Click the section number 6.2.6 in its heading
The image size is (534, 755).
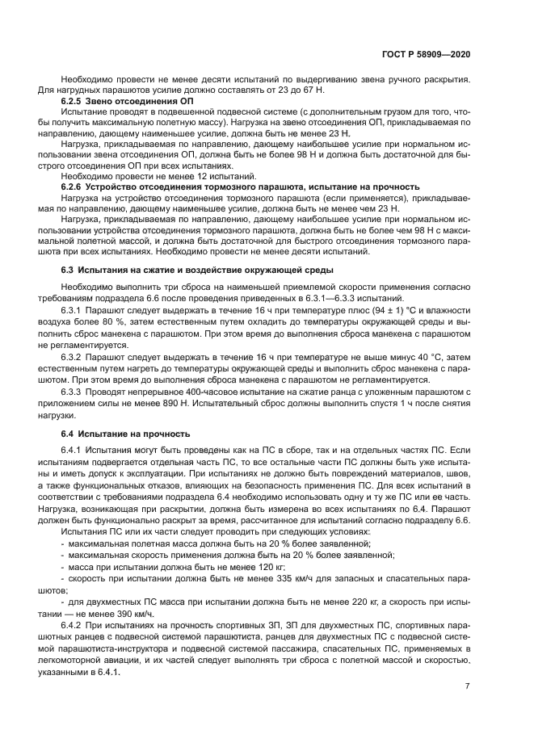click(x=74, y=186)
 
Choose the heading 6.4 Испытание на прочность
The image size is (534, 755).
click(x=125, y=433)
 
